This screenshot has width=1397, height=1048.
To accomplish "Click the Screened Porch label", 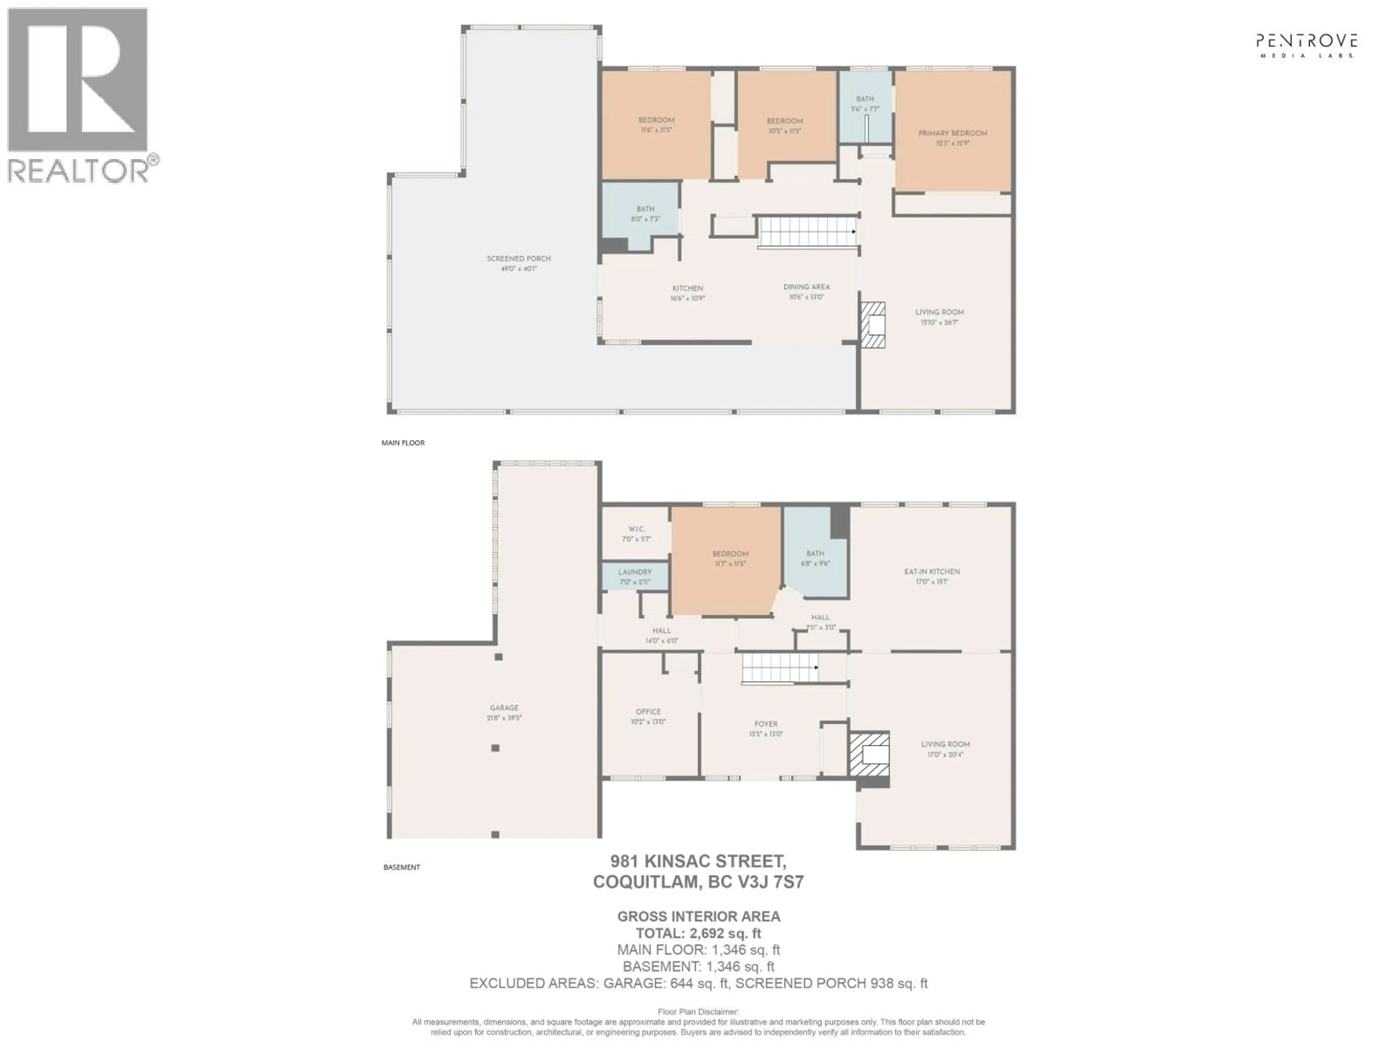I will [518, 259].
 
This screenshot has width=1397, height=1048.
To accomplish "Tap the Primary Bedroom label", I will [952, 133].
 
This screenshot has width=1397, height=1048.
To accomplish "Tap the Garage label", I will [504, 708].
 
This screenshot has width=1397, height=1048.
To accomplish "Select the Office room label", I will [648, 711].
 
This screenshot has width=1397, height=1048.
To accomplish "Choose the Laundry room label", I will [635, 572].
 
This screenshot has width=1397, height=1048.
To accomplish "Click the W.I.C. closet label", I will [636, 529].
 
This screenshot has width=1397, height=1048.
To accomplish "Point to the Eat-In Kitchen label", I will [932, 572].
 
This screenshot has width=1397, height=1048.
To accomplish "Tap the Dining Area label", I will [807, 287].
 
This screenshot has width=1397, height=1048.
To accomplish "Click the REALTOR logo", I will [79, 95].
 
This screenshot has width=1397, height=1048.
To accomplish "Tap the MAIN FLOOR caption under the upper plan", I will [403, 443].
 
